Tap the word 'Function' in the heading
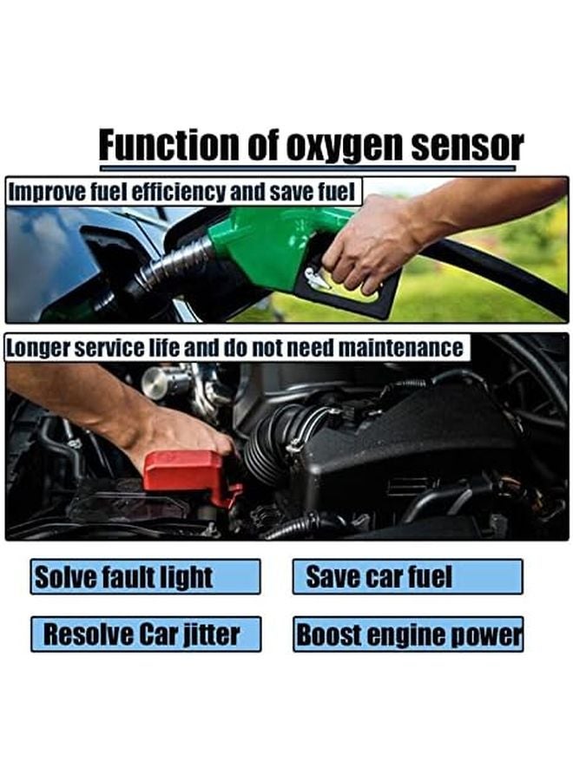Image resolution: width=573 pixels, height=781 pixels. click(x=168, y=144)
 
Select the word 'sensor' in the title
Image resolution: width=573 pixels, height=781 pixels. click(x=468, y=146)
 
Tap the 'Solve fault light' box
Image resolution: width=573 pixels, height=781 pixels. click(x=145, y=577)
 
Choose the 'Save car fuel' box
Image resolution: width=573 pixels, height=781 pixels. click(x=407, y=577)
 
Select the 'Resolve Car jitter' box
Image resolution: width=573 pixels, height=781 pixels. click(x=146, y=634)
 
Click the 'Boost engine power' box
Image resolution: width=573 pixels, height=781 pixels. click(x=407, y=634)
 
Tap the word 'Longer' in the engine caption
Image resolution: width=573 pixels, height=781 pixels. click(x=38, y=348)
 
